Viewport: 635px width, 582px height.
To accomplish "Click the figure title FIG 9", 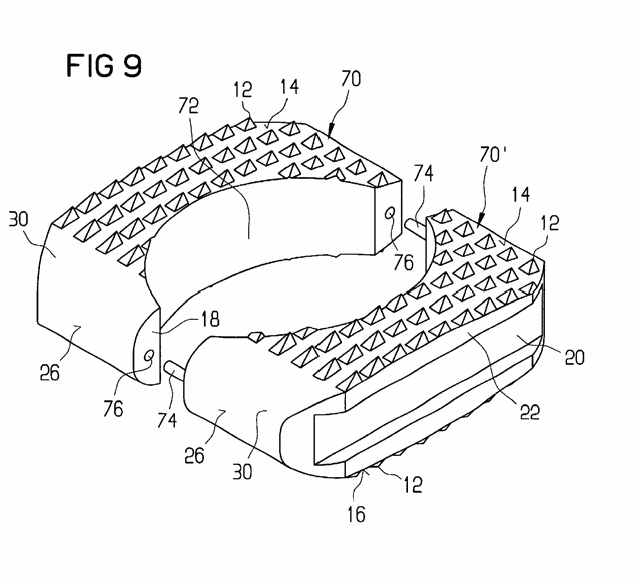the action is [104, 66].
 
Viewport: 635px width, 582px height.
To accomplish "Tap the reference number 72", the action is [188, 106].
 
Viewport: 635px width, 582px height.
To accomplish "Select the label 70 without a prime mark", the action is [351, 79].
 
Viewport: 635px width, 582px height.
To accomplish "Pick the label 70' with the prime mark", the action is [493, 154].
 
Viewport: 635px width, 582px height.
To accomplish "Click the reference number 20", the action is [574, 357].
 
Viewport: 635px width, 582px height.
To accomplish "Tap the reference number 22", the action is [529, 412].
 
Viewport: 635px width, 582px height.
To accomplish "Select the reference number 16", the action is [356, 514].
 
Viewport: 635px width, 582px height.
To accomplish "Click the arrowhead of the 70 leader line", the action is [330, 132].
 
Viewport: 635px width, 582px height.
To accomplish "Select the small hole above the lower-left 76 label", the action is [149, 356].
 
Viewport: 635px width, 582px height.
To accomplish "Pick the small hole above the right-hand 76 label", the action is [390, 213].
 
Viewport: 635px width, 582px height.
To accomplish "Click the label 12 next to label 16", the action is [413, 484].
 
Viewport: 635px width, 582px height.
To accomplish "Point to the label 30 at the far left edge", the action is [19, 219].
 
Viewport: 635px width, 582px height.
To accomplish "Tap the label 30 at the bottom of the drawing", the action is [243, 471].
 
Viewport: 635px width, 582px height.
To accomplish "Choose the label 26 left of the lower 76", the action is [50, 373].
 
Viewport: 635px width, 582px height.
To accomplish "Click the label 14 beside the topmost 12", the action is [289, 87].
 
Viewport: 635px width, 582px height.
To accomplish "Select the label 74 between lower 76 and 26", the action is [167, 420].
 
